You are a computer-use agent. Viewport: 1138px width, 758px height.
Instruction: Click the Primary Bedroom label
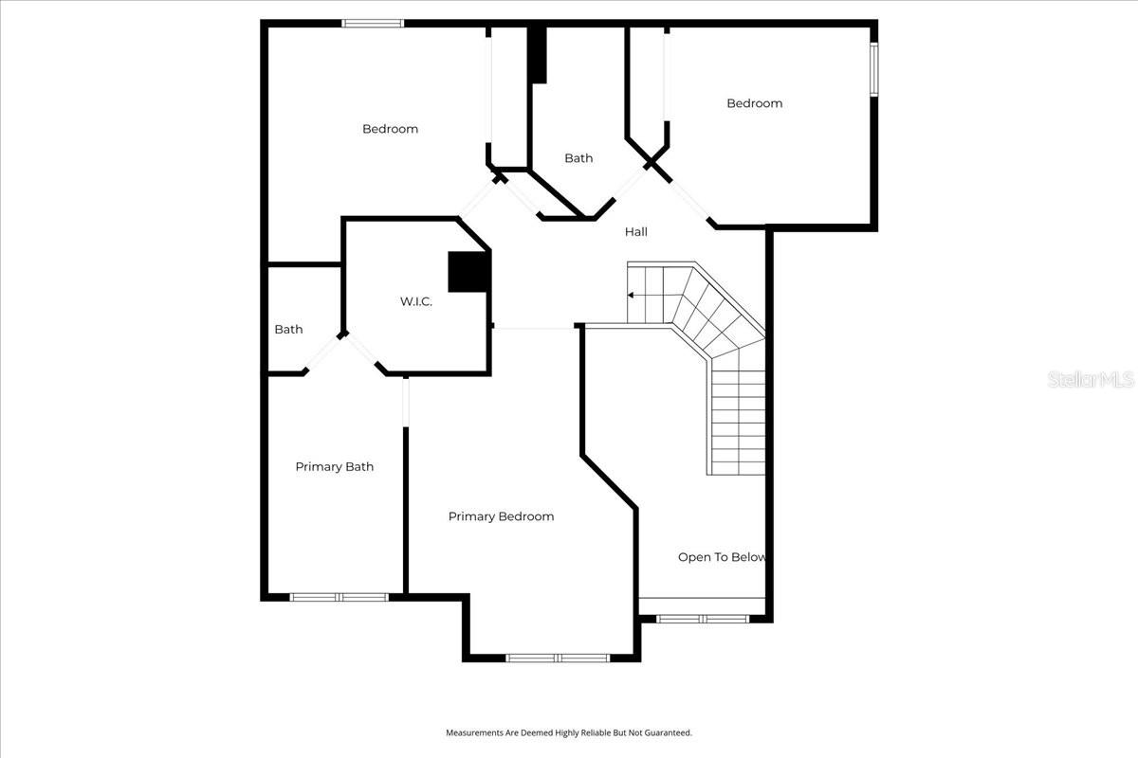[x=501, y=516]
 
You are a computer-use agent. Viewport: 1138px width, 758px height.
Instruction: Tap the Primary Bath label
[x=334, y=466]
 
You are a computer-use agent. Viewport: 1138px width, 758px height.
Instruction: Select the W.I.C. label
[x=416, y=302]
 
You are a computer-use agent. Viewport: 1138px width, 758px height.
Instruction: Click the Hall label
[x=636, y=231]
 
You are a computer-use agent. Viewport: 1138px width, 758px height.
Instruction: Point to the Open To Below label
[x=722, y=557]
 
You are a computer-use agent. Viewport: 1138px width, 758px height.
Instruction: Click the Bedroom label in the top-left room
[x=390, y=129]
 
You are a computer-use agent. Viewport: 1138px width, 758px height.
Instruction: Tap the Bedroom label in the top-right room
[x=755, y=103]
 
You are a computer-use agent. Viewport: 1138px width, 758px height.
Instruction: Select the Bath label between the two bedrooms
[x=578, y=158]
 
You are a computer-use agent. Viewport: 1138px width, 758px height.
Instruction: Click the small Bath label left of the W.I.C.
[x=288, y=330]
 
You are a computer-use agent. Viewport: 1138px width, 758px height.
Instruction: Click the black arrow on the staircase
[x=632, y=296]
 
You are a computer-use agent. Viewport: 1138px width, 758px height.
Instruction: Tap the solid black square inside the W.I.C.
[x=468, y=272]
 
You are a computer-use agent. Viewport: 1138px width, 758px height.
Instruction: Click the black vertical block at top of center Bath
[x=538, y=55]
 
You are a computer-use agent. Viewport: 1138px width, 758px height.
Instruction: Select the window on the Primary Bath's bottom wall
[x=340, y=597]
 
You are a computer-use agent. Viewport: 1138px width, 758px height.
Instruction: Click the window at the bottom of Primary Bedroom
[x=558, y=658]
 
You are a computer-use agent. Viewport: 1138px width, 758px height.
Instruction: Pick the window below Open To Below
[x=703, y=619]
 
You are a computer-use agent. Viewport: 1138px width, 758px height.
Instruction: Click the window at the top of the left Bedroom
[x=373, y=23]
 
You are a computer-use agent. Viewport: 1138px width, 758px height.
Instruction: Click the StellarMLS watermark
[x=1091, y=380]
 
